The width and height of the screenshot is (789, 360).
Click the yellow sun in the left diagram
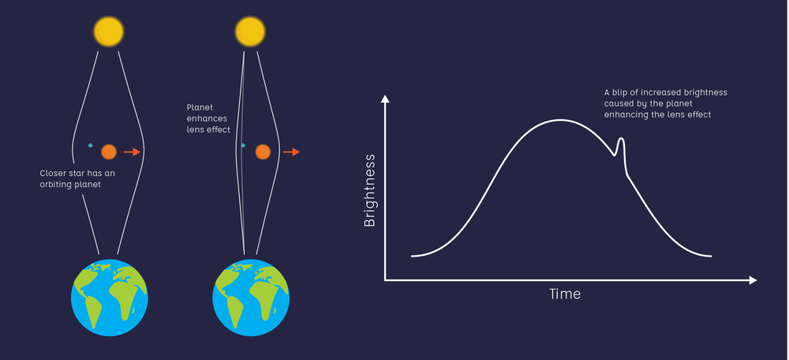pos(108,32)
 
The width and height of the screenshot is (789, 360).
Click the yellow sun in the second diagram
pos(250,32)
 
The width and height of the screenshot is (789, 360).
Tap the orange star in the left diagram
pos(109,152)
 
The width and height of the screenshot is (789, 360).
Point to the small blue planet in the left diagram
pos(90,145)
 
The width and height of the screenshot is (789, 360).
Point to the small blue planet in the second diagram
pos(243,145)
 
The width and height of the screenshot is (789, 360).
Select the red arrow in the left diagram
pos(132,152)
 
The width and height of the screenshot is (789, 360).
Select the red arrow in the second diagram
pos(291,152)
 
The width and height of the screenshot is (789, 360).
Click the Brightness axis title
pos(369,190)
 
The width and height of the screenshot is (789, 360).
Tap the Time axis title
pos(565,294)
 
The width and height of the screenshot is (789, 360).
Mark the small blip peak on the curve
pos(621,140)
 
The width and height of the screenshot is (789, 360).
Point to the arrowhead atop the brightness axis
pos(385,99)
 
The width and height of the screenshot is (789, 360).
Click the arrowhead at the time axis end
pos(753,280)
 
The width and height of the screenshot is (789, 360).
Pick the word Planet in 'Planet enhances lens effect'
pos(200,107)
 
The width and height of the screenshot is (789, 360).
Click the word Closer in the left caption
pos(54,173)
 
